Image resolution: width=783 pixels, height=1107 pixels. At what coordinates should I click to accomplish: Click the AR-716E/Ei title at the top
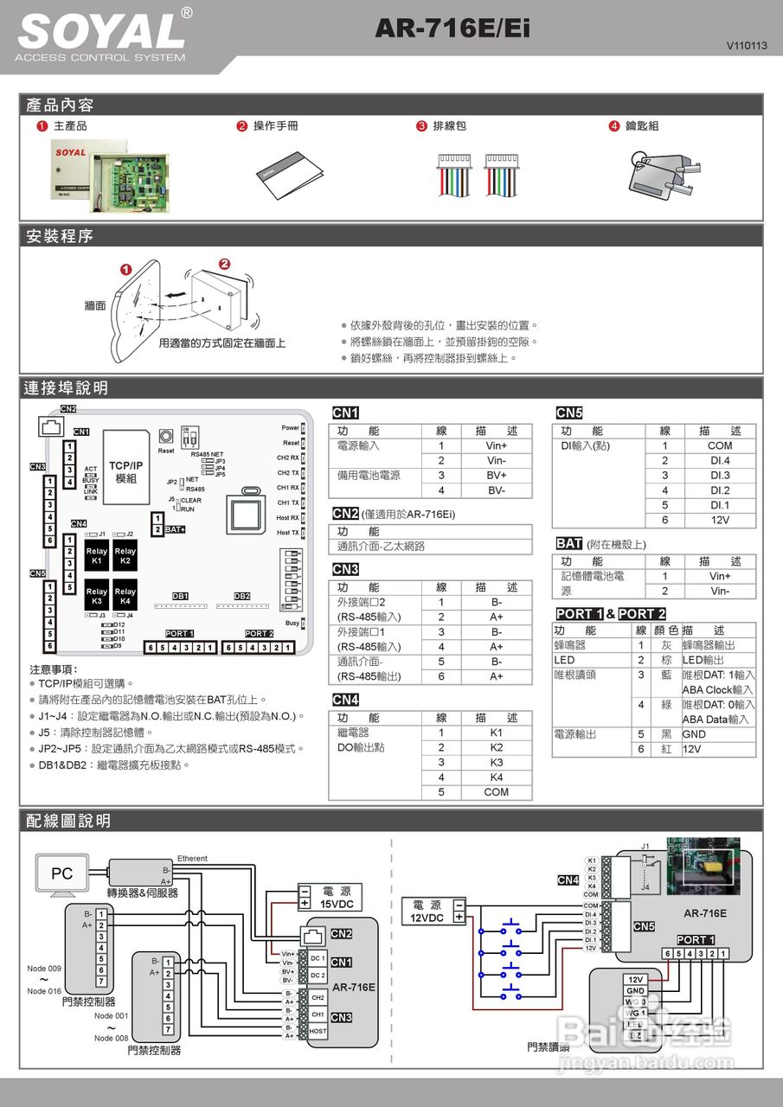[x=452, y=29]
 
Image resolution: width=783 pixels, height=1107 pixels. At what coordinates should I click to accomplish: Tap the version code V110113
[x=747, y=45]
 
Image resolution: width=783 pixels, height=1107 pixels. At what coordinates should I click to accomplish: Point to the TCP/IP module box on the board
[x=125, y=471]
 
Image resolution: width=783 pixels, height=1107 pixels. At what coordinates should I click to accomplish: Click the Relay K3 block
[x=97, y=597]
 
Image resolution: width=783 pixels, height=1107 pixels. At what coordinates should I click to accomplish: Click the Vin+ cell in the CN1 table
[x=496, y=445]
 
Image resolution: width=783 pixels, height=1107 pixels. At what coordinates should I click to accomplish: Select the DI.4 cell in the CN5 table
[x=720, y=461]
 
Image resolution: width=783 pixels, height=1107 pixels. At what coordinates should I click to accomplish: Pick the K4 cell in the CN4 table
[x=496, y=777]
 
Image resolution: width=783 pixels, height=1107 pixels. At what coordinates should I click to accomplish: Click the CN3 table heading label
[x=345, y=569]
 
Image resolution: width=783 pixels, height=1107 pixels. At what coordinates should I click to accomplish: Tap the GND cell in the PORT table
[x=694, y=734]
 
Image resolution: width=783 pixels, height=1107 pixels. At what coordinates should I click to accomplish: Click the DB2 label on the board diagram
[x=242, y=596]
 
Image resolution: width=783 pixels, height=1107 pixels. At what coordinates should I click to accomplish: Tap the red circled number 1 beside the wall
[x=126, y=270]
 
